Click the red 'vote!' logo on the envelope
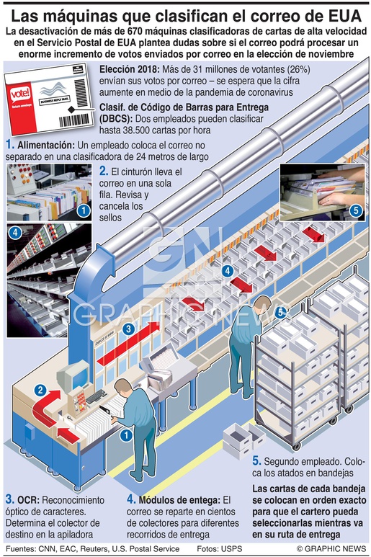click(20, 95)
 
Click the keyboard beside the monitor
click(96, 396)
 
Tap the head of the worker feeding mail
click(123, 387)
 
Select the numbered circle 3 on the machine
click(128, 329)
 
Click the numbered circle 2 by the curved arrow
click(40, 391)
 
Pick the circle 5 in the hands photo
click(355, 210)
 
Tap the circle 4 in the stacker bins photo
click(15, 233)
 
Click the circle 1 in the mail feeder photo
click(84, 210)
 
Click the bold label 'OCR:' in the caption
click(28, 500)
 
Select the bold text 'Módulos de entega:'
click(179, 500)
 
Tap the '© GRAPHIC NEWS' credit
click(331, 548)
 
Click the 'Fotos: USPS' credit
click(220, 548)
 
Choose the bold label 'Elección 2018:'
click(130, 69)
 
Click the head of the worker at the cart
click(263, 303)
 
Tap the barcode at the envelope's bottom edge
click(73, 120)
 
